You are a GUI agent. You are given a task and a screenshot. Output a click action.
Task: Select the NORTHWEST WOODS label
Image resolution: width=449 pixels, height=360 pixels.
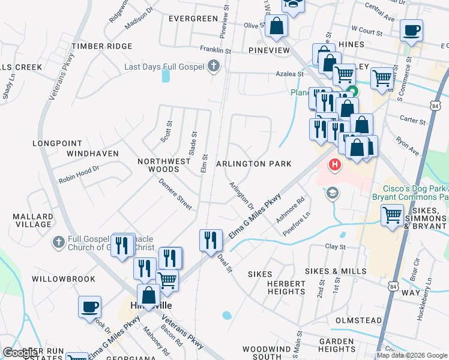click(164, 166)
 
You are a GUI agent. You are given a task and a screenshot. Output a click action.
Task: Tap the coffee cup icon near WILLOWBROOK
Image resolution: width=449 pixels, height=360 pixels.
click(89, 307)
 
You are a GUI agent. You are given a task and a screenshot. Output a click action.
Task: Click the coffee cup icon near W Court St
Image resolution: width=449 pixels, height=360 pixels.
click(412, 30)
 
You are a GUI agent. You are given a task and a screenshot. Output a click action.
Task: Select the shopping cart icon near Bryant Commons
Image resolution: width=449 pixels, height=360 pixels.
click(393, 214)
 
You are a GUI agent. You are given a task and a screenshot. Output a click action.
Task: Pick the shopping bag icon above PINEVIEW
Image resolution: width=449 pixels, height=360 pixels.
click(277, 26)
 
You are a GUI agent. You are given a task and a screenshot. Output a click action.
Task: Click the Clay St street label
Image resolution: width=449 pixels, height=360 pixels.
click(336, 247)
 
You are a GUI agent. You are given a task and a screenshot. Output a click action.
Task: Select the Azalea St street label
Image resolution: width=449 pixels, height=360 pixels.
click(293, 74)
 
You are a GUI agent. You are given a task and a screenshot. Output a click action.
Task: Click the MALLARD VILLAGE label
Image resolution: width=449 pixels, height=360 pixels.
click(34, 220)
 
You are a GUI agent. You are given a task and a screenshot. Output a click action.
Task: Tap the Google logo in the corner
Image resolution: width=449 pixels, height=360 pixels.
click(20, 353)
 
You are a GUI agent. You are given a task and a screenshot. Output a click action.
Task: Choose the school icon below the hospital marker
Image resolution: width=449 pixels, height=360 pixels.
click(331, 193)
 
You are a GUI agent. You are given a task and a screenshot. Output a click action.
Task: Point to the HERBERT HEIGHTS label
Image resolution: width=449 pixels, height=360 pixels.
click(287, 287)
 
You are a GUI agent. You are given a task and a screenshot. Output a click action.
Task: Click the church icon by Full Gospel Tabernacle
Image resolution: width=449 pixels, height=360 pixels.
click(58, 242)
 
